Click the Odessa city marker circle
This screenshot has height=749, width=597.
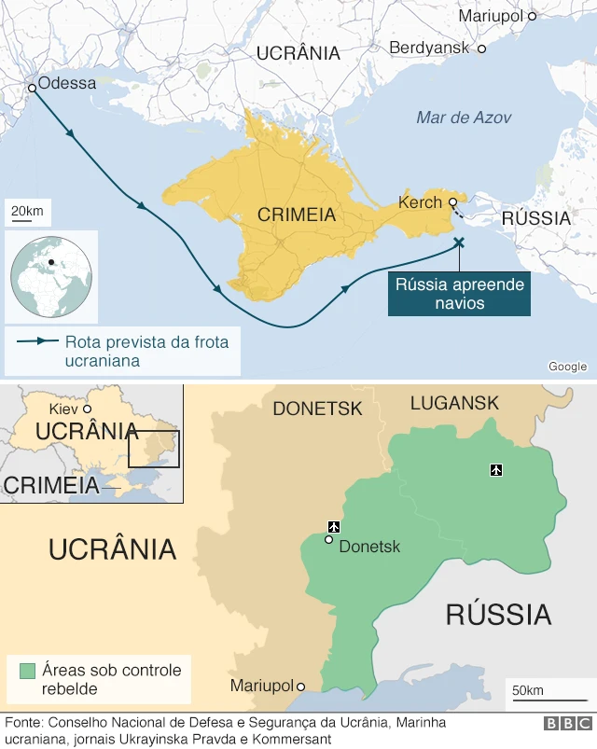(x=32, y=88)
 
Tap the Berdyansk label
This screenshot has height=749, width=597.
(x=429, y=47)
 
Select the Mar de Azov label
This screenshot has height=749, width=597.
(x=464, y=118)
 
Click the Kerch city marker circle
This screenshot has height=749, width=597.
(x=452, y=201)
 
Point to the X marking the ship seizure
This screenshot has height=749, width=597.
(x=458, y=243)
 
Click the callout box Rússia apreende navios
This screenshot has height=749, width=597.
(x=459, y=294)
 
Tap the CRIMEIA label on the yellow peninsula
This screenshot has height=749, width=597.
(x=297, y=215)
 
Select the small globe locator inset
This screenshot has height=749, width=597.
(x=52, y=276)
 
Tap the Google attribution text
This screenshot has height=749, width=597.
(x=567, y=367)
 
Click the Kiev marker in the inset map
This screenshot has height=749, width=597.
(x=87, y=409)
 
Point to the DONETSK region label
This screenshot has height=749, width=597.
(x=316, y=409)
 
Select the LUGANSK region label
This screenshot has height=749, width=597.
(x=454, y=403)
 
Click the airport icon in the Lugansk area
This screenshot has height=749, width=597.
(x=495, y=468)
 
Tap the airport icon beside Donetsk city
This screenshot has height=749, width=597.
(x=333, y=528)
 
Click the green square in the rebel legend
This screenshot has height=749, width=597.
(x=27, y=670)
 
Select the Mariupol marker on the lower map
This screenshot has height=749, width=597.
(x=300, y=686)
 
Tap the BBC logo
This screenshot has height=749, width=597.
(x=567, y=724)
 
